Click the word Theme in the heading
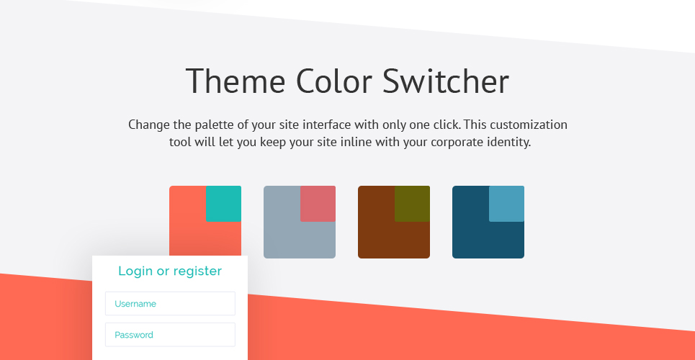coord(236,81)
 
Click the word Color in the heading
coord(333,81)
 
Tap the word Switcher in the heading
coord(446,81)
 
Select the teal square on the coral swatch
coord(223,204)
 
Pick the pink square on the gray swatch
coord(318,204)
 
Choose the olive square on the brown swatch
coord(412,204)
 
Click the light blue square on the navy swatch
coord(506,204)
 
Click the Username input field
coord(170,304)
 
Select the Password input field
coord(170,335)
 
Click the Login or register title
coord(170,271)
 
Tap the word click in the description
coord(447,125)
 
